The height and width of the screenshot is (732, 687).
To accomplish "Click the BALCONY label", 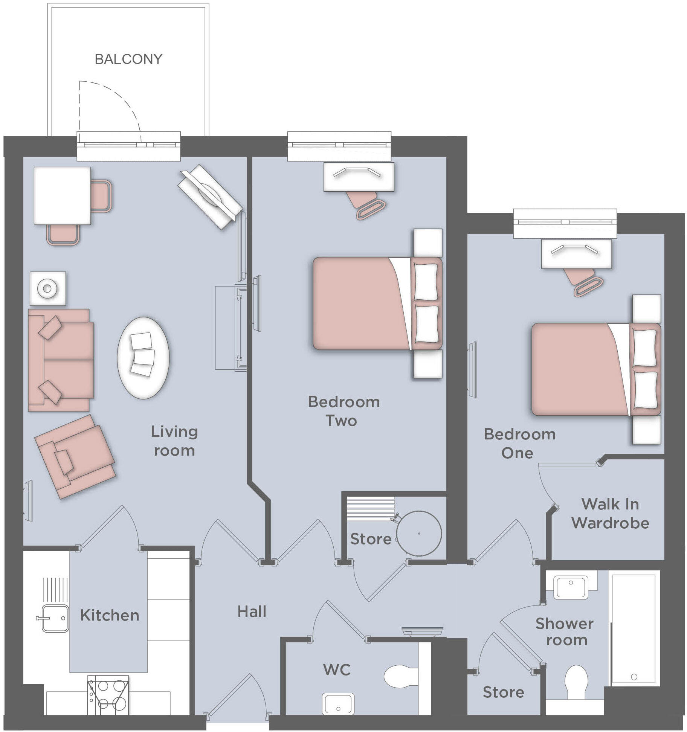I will [128, 59].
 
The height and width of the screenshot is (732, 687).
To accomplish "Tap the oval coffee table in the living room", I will [143, 358].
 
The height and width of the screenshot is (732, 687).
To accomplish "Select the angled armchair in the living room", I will [75, 456].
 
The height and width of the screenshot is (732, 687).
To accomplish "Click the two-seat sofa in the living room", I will [60, 360].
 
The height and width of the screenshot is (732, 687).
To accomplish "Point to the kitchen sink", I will [55, 618].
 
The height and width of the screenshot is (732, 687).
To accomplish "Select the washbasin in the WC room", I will [338, 704].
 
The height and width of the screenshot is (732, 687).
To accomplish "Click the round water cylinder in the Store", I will [419, 533].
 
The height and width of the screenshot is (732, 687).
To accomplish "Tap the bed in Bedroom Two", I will [377, 303].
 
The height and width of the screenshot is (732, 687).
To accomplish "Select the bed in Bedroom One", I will [595, 369].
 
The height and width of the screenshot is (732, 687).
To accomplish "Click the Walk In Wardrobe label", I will [610, 514].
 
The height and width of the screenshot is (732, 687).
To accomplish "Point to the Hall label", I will [252, 612].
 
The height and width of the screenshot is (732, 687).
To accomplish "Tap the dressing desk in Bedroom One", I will [576, 254].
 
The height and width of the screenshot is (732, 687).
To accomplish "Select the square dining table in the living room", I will [62, 196].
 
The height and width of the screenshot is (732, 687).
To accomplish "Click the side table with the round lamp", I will [47, 288].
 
